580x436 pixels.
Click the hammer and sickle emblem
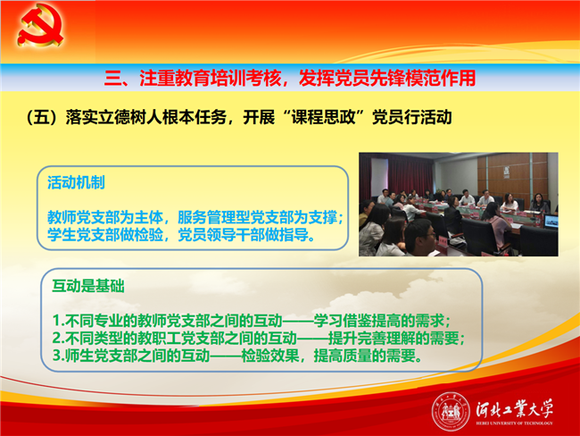coord(40,25)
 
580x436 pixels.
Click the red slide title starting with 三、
coord(290,78)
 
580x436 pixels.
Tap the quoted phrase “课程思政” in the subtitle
coord(323,117)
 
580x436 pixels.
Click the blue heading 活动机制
coord(76,182)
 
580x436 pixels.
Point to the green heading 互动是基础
coord(88,286)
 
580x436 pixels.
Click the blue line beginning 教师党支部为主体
coord(195,217)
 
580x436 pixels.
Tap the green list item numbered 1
coord(252,321)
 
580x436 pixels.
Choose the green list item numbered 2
coord(259,338)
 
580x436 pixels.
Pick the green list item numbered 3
coord(237,356)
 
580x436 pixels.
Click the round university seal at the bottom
coord(450,412)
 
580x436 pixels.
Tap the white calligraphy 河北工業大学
coord(514,408)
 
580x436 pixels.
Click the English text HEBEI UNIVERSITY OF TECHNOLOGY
coord(514,423)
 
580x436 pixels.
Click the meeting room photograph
coord(459,204)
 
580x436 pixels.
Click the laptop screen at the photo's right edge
coord(551,222)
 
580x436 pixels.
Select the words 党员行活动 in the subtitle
coord(411,117)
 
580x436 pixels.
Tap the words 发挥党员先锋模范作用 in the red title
coord(387,78)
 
